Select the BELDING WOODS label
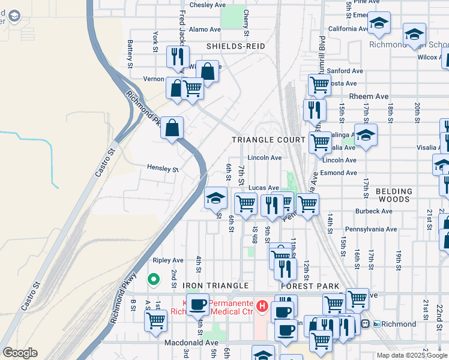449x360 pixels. coord(394,196)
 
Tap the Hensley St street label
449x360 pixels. coord(163,169)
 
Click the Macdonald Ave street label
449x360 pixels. coord(190,343)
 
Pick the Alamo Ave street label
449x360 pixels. coord(205,29)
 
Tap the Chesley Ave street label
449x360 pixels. coord(207,5)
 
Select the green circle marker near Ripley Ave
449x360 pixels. coord(153,279)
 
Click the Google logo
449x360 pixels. coord(20,353)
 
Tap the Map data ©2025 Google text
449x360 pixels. coord(412,355)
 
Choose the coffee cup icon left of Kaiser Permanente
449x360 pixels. coord(197,304)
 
